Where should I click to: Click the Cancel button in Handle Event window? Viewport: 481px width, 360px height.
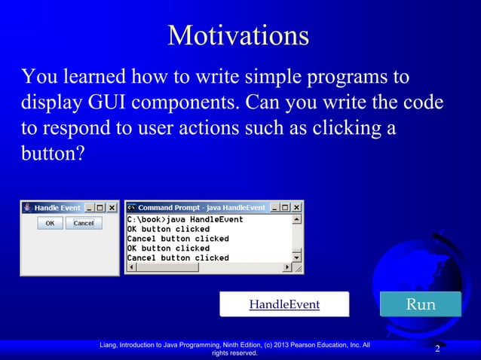[x=83, y=223]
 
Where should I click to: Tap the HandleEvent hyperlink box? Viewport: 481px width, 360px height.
[x=284, y=304]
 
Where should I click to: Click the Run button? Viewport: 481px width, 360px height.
[x=420, y=304]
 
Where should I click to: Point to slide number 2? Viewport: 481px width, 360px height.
[x=437, y=349]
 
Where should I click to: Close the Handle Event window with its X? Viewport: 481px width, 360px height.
[x=112, y=208]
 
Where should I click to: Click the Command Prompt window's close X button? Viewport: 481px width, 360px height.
[x=297, y=208]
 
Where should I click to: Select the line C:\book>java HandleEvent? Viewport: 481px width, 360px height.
[x=185, y=219]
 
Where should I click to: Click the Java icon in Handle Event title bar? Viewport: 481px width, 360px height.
[x=27, y=208]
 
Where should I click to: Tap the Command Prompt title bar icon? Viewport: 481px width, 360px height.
[x=131, y=208]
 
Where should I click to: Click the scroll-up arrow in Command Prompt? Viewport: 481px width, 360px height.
[x=297, y=220]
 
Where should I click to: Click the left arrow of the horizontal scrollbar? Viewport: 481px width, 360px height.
[x=131, y=267]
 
